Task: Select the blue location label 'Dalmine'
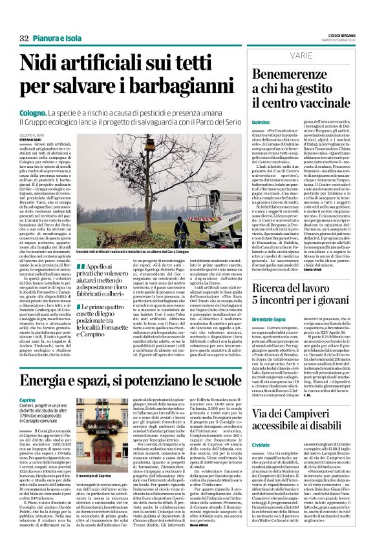[260, 121]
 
